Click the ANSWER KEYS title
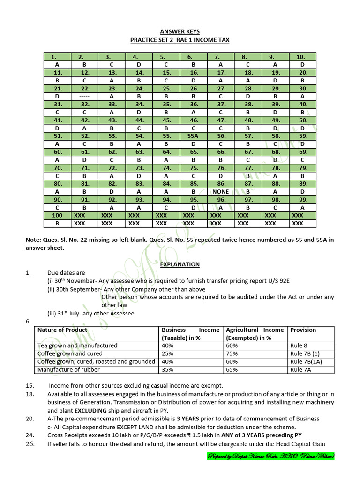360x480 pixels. tap(180, 31)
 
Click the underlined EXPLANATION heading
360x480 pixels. tap(180, 264)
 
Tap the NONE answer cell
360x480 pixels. tap(220, 192)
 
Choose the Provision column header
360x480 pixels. tap(303, 330)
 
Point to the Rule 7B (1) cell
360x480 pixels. tap(305, 353)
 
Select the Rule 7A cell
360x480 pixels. tap(301, 369)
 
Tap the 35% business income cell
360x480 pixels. tap(167, 369)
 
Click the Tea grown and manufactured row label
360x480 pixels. tap(77, 345)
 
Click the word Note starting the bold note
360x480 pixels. tap(33, 240)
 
